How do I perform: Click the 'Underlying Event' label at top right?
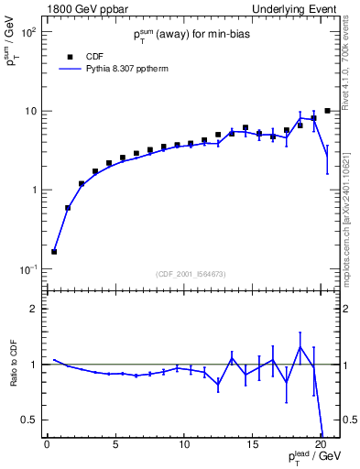298,8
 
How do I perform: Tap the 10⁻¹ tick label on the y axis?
28,269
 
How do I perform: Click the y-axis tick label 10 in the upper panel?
30,111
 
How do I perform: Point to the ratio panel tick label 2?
34,309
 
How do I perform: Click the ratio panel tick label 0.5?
30,420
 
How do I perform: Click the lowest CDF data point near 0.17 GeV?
54,251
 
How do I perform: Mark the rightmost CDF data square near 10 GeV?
327,111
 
